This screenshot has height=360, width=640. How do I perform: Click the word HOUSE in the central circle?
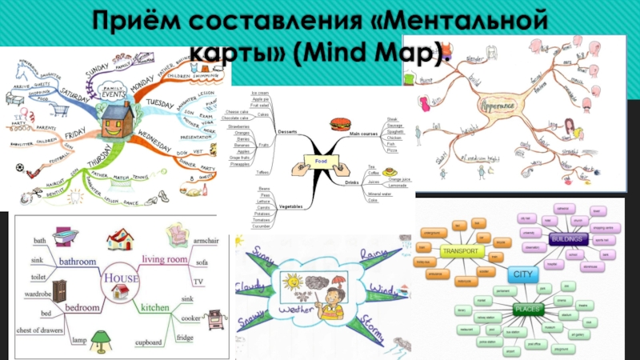(x=119, y=278)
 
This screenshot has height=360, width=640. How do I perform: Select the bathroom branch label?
(x=75, y=261)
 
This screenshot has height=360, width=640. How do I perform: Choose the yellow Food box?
(x=322, y=162)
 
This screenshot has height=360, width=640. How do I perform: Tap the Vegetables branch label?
(x=290, y=206)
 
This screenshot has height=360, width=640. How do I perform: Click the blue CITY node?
(x=522, y=274)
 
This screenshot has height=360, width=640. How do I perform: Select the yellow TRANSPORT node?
(x=462, y=251)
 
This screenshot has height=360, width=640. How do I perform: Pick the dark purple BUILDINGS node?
(x=569, y=239)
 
